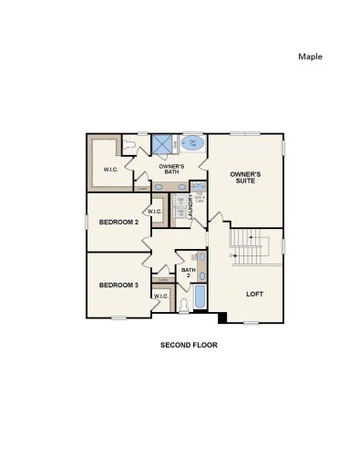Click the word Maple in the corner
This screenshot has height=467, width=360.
(x=311, y=56)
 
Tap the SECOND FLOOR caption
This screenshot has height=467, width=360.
(x=189, y=346)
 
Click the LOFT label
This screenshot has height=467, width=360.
(x=254, y=294)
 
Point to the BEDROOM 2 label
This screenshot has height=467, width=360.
(x=118, y=223)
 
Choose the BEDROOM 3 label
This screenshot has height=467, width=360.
(x=118, y=285)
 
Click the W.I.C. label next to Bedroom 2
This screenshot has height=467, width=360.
(x=154, y=213)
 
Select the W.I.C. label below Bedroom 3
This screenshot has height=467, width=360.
(x=160, y=296)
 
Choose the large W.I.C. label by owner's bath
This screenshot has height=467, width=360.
(x=110, y=169)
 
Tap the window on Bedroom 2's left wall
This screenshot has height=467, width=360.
(x=87, y=222)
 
